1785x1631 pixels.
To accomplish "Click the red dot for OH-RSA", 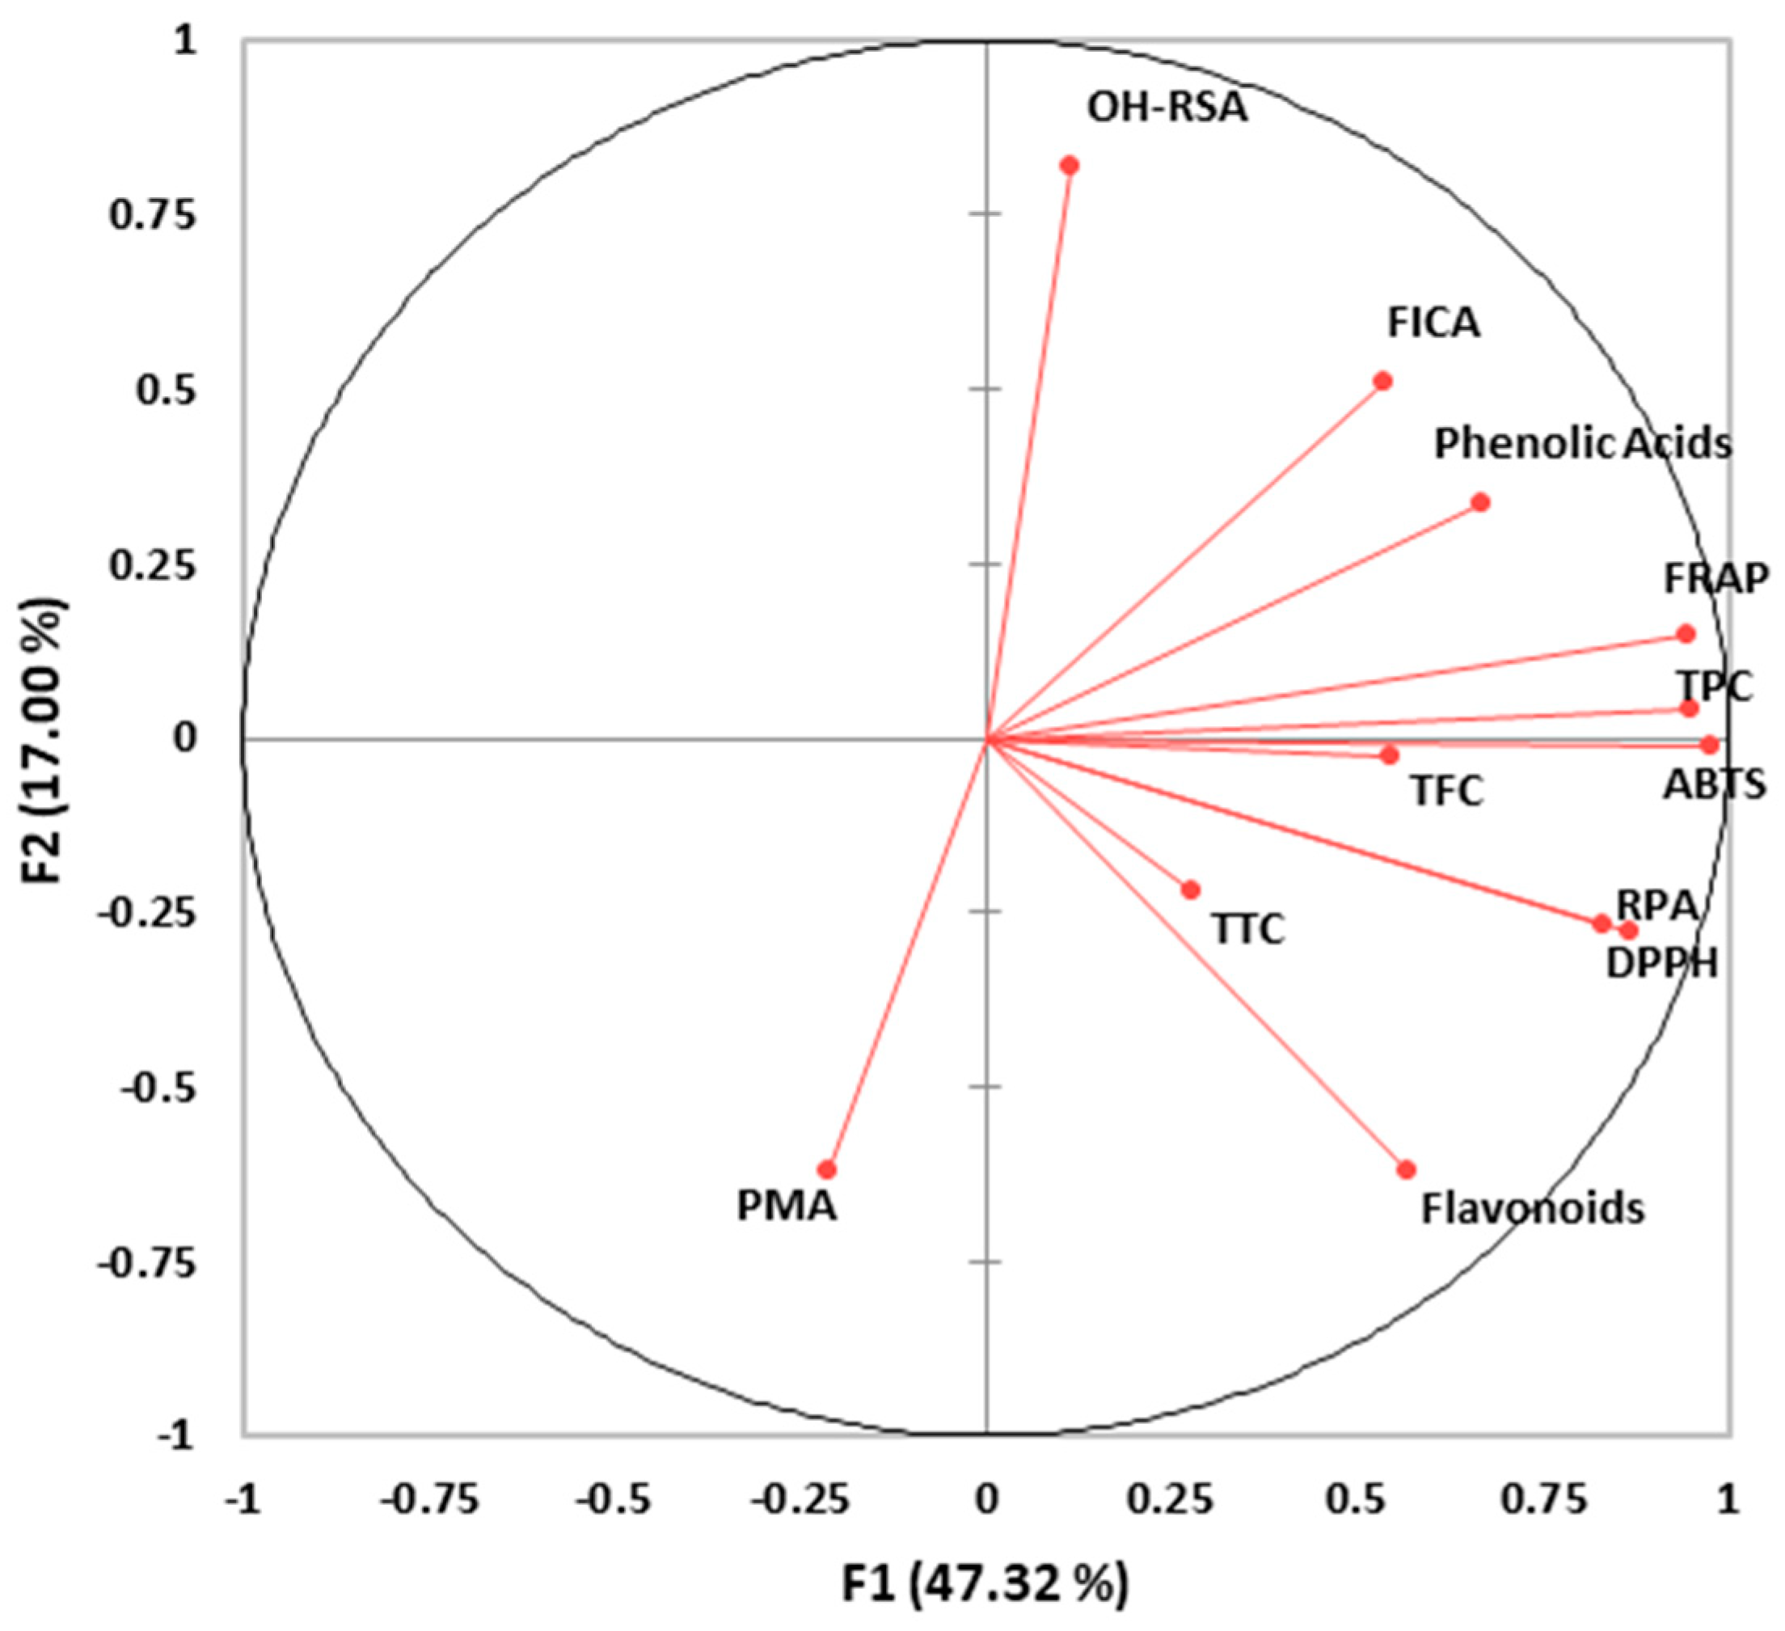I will click(1070, 165).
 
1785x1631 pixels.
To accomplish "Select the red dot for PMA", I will click(827, 1170).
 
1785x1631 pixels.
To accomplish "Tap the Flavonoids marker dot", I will click(1407, 1170).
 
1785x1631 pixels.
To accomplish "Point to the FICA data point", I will click(1383, 382).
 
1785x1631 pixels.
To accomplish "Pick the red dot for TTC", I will click(1191, 889).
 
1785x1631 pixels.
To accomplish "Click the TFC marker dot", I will click(1390, 755).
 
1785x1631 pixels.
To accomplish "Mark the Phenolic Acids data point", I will click(1481, 503).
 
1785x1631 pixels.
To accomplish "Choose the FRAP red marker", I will click(1686, 634).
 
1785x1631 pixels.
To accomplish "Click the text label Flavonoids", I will click(1533, 1209).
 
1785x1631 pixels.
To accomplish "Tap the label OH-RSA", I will click(1167, 108).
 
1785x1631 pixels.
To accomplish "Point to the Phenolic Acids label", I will click(1582, 444).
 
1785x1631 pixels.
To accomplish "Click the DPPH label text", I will click(1662, 963).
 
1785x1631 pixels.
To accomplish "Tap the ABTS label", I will click(1714, 784).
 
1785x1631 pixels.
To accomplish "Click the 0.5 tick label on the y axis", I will click(165, 391).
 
